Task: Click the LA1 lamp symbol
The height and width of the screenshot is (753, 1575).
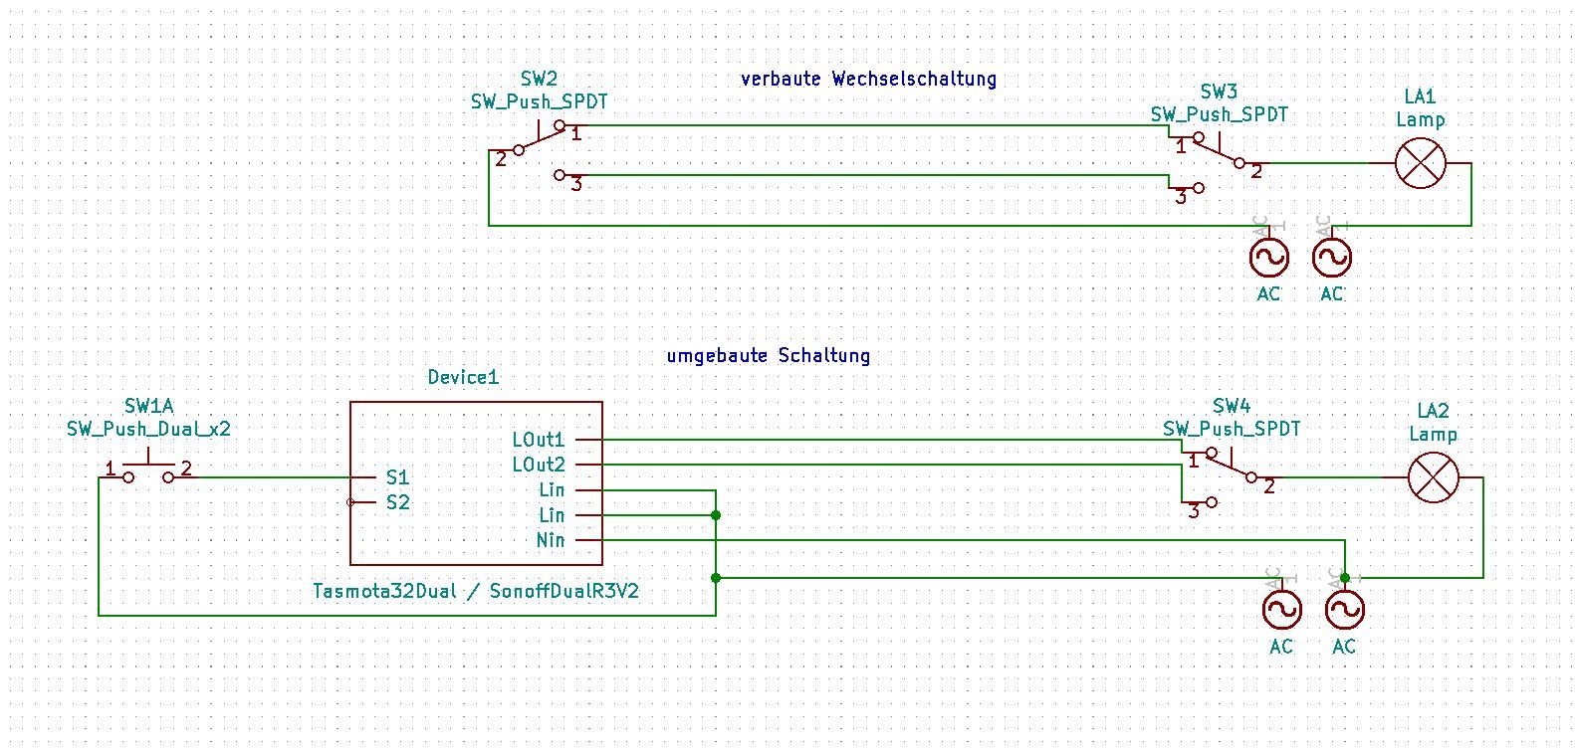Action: (x=1420, y=163)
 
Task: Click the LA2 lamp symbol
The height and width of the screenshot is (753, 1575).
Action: (x=1433, y=477)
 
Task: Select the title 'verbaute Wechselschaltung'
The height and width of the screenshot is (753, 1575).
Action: (x=868, y=79)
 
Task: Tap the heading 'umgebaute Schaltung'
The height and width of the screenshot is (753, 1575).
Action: (x=769, y=355)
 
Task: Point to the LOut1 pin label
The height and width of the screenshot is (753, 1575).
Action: (x=538, y=440)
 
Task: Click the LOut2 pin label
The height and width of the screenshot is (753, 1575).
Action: (x=538, y=465)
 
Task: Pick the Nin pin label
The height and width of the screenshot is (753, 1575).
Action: (x=551, y=540)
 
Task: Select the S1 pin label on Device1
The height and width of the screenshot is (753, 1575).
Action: (x=398, y=477)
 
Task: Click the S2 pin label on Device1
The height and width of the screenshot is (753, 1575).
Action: (x=398, y=502)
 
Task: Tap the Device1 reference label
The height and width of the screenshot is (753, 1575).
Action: (x=463, y=377)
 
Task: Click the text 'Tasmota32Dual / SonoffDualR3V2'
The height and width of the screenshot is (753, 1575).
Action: (x=476, y=591)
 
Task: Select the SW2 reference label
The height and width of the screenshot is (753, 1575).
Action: (x=539, y=79)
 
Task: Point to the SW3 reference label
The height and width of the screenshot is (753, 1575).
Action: (x=1219, y=92)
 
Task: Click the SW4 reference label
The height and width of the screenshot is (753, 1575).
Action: (x=1232, y=406)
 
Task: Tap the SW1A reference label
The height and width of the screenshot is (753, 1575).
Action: (x=148, y=406)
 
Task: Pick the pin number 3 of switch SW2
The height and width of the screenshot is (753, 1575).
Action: (x=576, y=184)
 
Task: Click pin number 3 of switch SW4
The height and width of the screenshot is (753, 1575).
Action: (x=1194, y=511)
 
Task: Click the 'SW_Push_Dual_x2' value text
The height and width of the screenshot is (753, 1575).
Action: (x=148, y=430)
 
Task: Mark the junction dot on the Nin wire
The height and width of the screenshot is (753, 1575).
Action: (x=1345, y=577)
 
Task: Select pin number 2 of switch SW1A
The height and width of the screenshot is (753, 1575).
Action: (x=186, y=468)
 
